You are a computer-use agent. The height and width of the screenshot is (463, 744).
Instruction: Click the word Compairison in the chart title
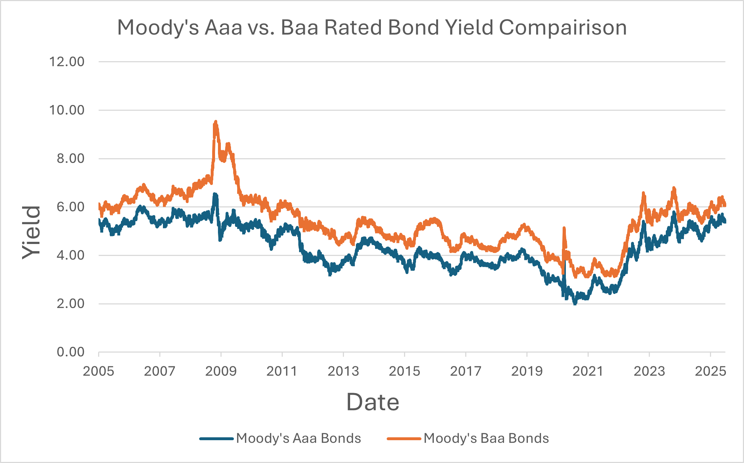click(563, 28)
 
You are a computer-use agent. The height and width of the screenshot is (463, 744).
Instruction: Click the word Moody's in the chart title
click(158, 28)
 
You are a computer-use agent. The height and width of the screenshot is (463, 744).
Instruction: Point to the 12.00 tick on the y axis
click(67, 62)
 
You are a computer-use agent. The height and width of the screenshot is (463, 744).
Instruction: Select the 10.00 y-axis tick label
click(67, 110)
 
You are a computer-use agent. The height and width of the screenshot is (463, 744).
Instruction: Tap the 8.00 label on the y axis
click(70, 159)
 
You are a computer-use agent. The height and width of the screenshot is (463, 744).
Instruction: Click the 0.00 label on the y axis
click(70, 352)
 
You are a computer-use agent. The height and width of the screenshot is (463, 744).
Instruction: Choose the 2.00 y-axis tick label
click(70, 304)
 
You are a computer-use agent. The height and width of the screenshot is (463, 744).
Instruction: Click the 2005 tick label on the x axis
click(98, 371)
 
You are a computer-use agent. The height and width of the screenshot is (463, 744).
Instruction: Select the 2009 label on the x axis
click(221, 371)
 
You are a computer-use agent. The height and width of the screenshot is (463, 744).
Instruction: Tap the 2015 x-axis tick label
click(404, 371)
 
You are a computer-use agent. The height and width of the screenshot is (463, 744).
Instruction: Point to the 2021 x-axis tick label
click(588, 371)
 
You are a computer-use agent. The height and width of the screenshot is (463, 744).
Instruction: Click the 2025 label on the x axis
click(710, 371)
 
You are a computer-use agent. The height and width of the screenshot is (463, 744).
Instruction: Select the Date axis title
click(373, 402)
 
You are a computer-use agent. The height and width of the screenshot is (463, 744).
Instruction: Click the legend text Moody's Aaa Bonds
click(298, 438)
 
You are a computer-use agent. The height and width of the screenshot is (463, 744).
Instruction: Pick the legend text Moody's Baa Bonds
click(486, 438)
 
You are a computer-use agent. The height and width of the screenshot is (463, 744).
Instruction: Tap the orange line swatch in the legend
click(404, 439)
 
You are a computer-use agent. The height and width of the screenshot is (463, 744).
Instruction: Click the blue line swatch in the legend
click(216, 439)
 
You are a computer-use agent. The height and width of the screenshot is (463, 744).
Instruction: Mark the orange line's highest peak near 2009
click(216, 122)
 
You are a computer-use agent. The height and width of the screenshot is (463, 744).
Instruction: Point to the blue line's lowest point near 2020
click(575, 303)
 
